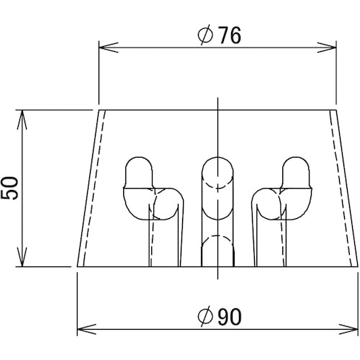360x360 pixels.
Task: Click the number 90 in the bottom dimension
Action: coord(227,315)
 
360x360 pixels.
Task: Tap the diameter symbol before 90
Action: coord(204,315)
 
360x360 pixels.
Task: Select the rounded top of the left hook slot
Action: coord(138,165)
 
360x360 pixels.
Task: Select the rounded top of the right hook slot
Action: coord(297,165)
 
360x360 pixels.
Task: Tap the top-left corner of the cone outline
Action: coord(99,110)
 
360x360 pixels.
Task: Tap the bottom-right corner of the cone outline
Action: coord(358,266)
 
